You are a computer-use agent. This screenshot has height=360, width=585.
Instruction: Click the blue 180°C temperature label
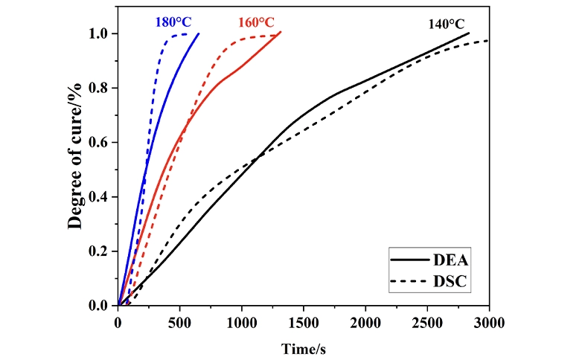[173, 22]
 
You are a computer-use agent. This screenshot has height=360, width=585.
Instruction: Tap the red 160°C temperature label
[257, 22]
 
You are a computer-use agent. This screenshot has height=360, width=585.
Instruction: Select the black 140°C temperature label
[447, 23]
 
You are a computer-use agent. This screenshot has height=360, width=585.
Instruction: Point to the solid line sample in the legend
[409, 260]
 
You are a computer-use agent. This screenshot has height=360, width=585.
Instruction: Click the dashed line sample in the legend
[409, 281]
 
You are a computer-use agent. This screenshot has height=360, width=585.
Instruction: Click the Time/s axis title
[303, 347]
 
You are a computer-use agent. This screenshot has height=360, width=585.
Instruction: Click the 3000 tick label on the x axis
[488, 321]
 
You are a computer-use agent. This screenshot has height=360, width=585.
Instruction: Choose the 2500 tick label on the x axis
[426, 321]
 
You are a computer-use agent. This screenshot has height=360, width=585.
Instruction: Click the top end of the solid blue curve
[199, 33]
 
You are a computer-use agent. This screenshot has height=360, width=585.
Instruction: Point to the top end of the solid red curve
[281, 32]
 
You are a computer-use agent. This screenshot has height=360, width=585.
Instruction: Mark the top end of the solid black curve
[469, 33]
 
